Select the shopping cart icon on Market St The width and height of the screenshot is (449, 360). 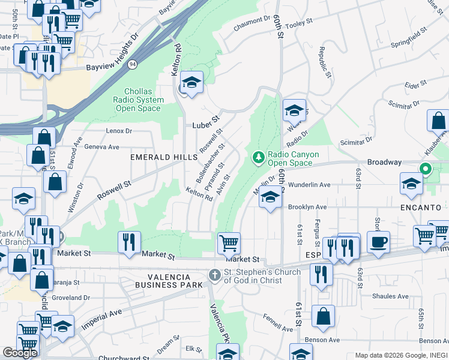[x=229, y=243]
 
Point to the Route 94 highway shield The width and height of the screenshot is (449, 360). [x=131, y=63]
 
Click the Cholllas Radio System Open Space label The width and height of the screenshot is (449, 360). [x=139, y=100]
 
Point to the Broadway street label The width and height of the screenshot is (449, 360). [x=384, y=163]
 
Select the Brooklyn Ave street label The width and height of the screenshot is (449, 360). [x=307, y=207]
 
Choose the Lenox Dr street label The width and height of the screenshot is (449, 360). [x=118, y=131]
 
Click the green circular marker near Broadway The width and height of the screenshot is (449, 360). [x=426, y=169]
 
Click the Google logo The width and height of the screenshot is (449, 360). [x=20, y=353]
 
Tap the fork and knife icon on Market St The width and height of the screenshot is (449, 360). [x=129, y=242]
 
